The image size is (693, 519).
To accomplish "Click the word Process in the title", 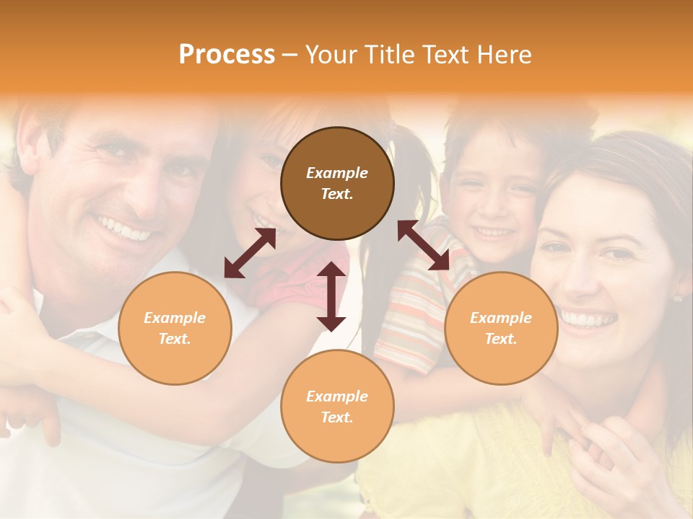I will coord(227,55).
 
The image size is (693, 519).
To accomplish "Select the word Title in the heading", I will coord(389,55).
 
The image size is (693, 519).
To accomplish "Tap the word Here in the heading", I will coord(502,55).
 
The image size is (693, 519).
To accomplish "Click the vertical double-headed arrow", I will coord(331,296).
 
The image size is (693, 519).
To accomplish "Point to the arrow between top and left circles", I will coord(250,253).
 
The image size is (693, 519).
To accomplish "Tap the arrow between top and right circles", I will coord(424,244).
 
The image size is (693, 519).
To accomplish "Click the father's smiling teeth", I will coord(125,229).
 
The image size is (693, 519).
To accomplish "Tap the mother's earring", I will coord(678,298).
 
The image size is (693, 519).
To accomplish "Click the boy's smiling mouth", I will coord(494,232).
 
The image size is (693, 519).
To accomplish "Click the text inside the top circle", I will coord(337,183).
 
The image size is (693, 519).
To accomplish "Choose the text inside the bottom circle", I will coord(337,407).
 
